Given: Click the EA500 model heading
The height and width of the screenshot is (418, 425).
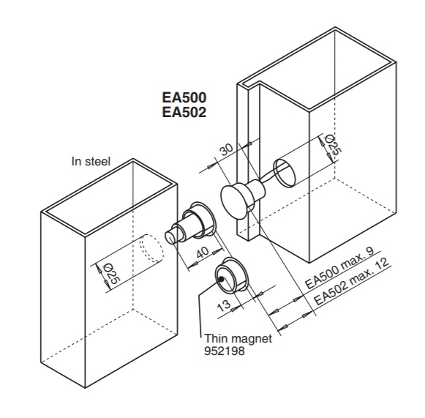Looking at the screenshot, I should pyautogui.click(x=184, y=97).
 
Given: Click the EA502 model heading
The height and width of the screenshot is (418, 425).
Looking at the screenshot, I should pyautogui.click(x=184, y=113).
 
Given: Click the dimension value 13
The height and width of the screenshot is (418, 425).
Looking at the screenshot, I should pyautogui.click(x=225, y=302).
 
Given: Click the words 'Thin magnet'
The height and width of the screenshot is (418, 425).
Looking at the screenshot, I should pyautogui.click(x=237, y=338).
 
